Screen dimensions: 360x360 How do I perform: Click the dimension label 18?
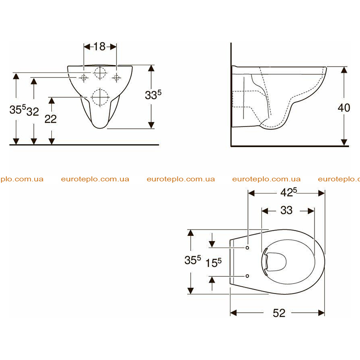point(99,47)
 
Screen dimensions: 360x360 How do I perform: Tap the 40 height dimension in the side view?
point(344,108)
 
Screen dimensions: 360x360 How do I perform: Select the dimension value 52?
point(279,313)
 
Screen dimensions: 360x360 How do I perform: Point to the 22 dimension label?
point(50,119)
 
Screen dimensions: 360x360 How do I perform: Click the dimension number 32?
point(32,112)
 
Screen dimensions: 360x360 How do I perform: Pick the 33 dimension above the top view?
point(286,210)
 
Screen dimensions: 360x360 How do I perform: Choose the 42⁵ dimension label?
point(288,192)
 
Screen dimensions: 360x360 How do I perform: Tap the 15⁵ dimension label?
point(213,263)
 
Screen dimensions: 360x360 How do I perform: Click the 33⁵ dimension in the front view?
point(153,94)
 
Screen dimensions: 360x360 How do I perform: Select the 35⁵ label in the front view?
point(18,109)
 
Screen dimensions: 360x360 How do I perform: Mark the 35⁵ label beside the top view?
point(193,260)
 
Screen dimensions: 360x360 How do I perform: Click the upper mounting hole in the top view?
point(247,248)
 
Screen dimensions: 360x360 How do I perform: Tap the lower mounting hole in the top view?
point(247,276)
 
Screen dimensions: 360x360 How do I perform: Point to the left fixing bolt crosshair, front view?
point(84,77)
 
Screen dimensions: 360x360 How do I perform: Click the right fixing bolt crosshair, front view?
point(117,77)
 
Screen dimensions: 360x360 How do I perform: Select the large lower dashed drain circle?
point(100,97)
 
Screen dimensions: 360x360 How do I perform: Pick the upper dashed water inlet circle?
point(100,73)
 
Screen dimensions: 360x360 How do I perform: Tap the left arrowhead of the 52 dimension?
point(234,313)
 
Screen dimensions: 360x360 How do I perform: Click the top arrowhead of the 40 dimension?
point(344,70)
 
